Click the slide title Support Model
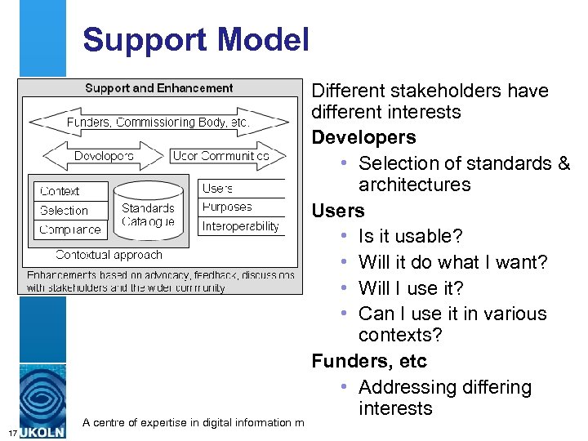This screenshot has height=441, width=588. [196, 40]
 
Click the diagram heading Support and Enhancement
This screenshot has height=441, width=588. [159, 88]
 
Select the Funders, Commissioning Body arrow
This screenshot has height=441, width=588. [158, 122]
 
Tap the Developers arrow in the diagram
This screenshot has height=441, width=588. [104, 155]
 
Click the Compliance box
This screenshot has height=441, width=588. [70, 229]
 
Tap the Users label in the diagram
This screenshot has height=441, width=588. [218, 189]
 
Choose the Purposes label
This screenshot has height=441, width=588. [227, 207]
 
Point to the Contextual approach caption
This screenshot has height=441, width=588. [109, 255]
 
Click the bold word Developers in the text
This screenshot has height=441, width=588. [363, 137]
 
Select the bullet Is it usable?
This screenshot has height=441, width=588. [410, 236]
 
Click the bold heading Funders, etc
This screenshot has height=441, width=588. [369, 361]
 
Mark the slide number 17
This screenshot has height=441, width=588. [9, 431]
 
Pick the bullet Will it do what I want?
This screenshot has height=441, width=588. [452, 262]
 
